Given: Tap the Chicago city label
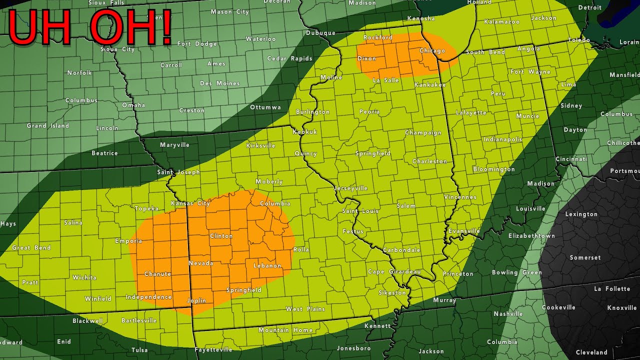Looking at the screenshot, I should coord(432,51).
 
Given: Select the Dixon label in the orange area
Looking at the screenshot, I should coord(366,58).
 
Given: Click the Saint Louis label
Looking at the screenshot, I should coord(360,211).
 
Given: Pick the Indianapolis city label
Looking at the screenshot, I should coord(502,139).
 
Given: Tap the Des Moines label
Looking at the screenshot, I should coord(220,83).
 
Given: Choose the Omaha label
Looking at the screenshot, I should coord(133,105).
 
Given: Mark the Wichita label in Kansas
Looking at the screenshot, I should coord(84,277).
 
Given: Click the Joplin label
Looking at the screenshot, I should coord(196,301).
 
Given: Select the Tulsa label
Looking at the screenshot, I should coord(139,350).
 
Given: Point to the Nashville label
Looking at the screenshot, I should coord(508,314).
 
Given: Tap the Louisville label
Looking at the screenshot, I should coord(530,209).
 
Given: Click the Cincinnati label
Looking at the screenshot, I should coord(571,159).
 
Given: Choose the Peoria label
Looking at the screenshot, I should coord(369,112).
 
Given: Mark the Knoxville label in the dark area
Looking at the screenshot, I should coord(622,308).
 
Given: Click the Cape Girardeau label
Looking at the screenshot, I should coord(394,272).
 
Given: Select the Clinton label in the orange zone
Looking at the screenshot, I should coord(221,236).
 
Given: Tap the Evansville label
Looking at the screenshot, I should coord(464,231).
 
